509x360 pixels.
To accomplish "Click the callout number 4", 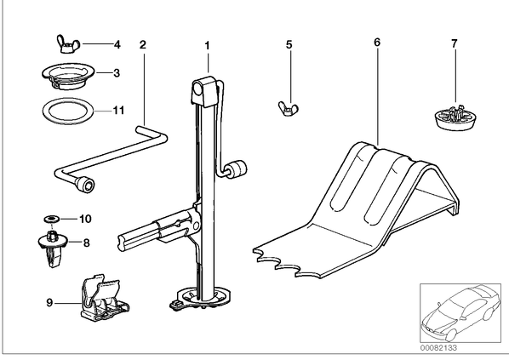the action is point(117,44).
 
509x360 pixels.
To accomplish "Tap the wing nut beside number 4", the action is point(68,43).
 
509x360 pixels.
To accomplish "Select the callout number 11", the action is point(118,111).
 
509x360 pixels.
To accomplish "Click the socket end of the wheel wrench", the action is point(85,185).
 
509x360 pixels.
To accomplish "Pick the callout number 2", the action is point(143,45).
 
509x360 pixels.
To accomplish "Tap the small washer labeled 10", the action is point(52,220).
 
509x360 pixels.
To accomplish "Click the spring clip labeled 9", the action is point(103,299).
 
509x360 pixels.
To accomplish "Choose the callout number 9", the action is point(49,303).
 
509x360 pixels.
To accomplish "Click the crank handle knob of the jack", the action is point(237,169).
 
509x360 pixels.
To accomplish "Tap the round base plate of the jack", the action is point(201,298).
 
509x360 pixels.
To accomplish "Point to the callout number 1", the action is point(208,46).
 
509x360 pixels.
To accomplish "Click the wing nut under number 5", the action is point(289,108).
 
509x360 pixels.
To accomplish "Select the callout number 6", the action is point(377,43).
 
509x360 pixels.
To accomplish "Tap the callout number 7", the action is point(455,43).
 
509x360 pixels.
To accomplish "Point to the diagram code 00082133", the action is point(439,348).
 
